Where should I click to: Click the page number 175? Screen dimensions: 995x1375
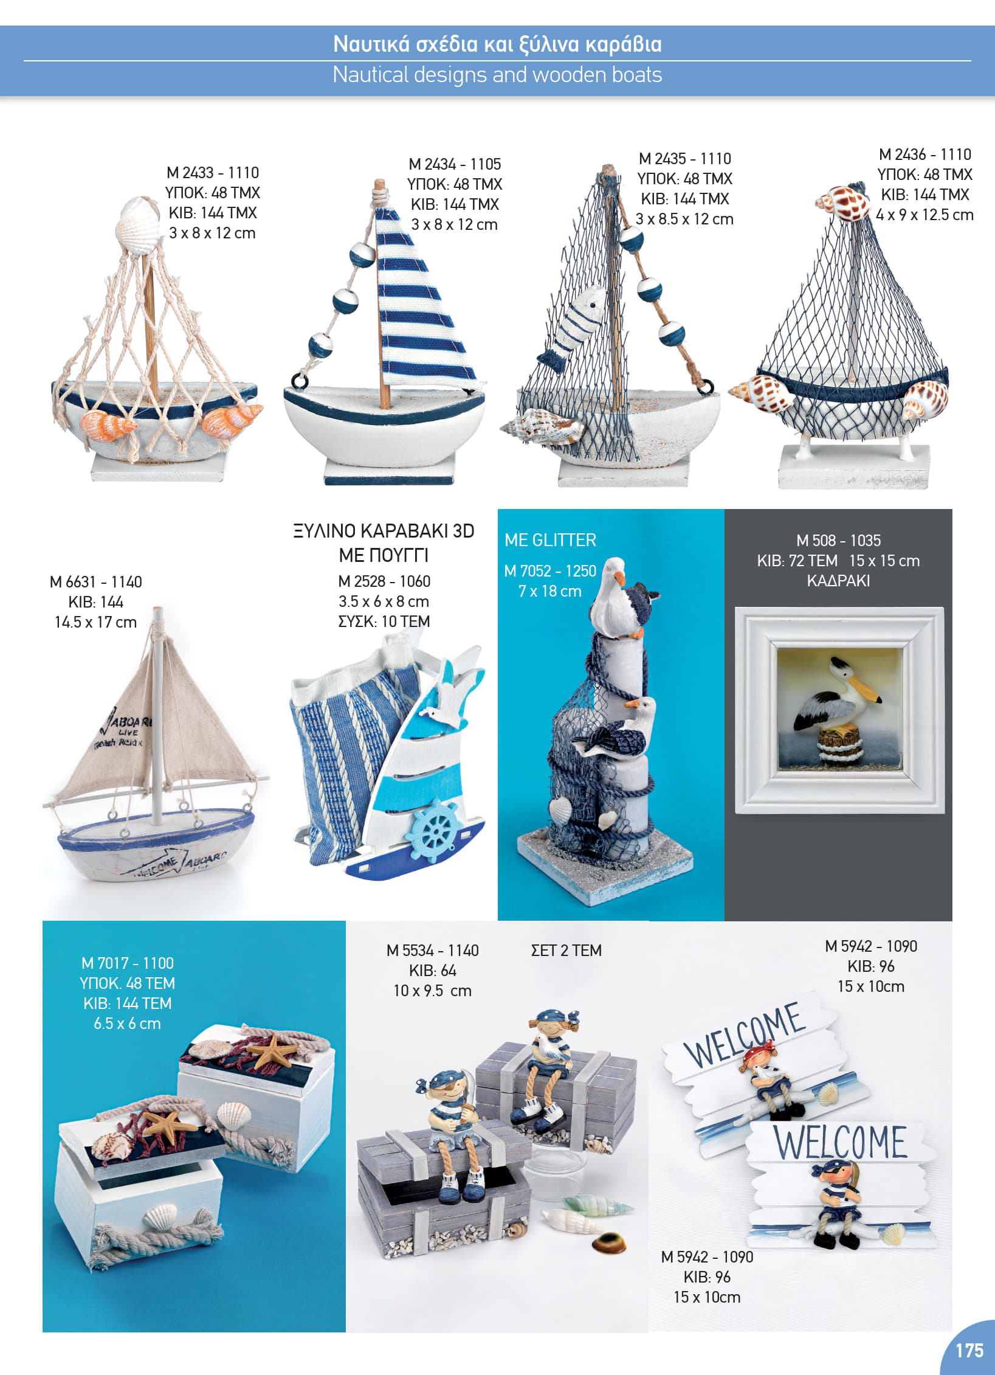pyautogui.click(x=969, y=1351)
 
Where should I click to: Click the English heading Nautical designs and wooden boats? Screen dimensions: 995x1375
pyautogui.click(x=497, y=75)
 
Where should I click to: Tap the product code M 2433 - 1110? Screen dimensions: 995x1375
pyautogui.click(x=213, y=173)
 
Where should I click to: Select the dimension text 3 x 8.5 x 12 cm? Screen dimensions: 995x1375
pyautogui.click(x=684, y=219)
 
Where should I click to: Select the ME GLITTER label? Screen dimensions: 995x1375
pyautogui.click(x=550, y=540)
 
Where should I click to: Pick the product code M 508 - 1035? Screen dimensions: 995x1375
pyautogui.click(x=838, y=541)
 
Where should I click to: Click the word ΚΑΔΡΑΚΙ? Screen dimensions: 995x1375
pyautogui.click(x=838, y=581)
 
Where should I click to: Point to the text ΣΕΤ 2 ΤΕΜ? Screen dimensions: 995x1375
pyautogui.click(x=566, y=951)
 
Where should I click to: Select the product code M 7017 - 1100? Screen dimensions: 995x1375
pyautogui.click(x=128, y=963)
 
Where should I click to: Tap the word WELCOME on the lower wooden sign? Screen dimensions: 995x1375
pyautogui.click(x=841, y=1142)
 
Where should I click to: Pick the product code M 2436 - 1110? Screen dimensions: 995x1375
pyautogui.click(x=925, y=154)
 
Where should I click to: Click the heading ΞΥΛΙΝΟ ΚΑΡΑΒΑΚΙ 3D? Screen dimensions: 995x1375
pyautogui.click(x=384, y=531)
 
